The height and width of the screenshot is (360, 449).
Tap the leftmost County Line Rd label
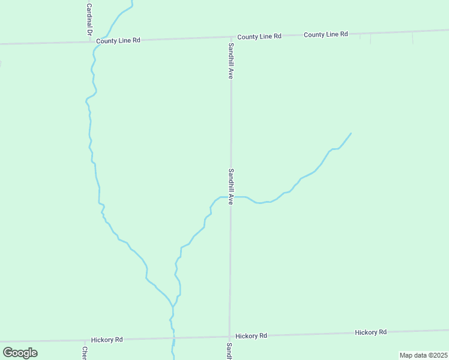(118, 40)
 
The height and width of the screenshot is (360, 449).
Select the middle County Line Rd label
(259, 37)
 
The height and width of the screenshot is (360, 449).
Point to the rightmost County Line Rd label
(326, 34)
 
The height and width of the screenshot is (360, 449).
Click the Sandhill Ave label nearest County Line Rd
(231, 61)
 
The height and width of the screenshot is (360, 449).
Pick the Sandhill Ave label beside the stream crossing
(231, 187)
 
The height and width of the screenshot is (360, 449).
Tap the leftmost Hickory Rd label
(107, 340)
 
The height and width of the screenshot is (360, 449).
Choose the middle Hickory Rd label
(251, 336)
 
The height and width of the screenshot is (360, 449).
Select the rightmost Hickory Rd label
(370, 332)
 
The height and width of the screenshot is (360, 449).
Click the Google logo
(20, 353)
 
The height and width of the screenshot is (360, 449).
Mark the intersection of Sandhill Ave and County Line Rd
(231, 38)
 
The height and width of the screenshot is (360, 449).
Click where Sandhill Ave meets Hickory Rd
(229, 337)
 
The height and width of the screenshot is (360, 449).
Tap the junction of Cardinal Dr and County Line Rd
(90, 41)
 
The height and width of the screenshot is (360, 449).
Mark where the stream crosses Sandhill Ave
(231, 197)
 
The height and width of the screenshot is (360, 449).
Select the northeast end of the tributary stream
(351, 133)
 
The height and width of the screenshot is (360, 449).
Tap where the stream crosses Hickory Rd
(173, 339)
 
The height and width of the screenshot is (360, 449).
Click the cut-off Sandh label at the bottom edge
(229, 352)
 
